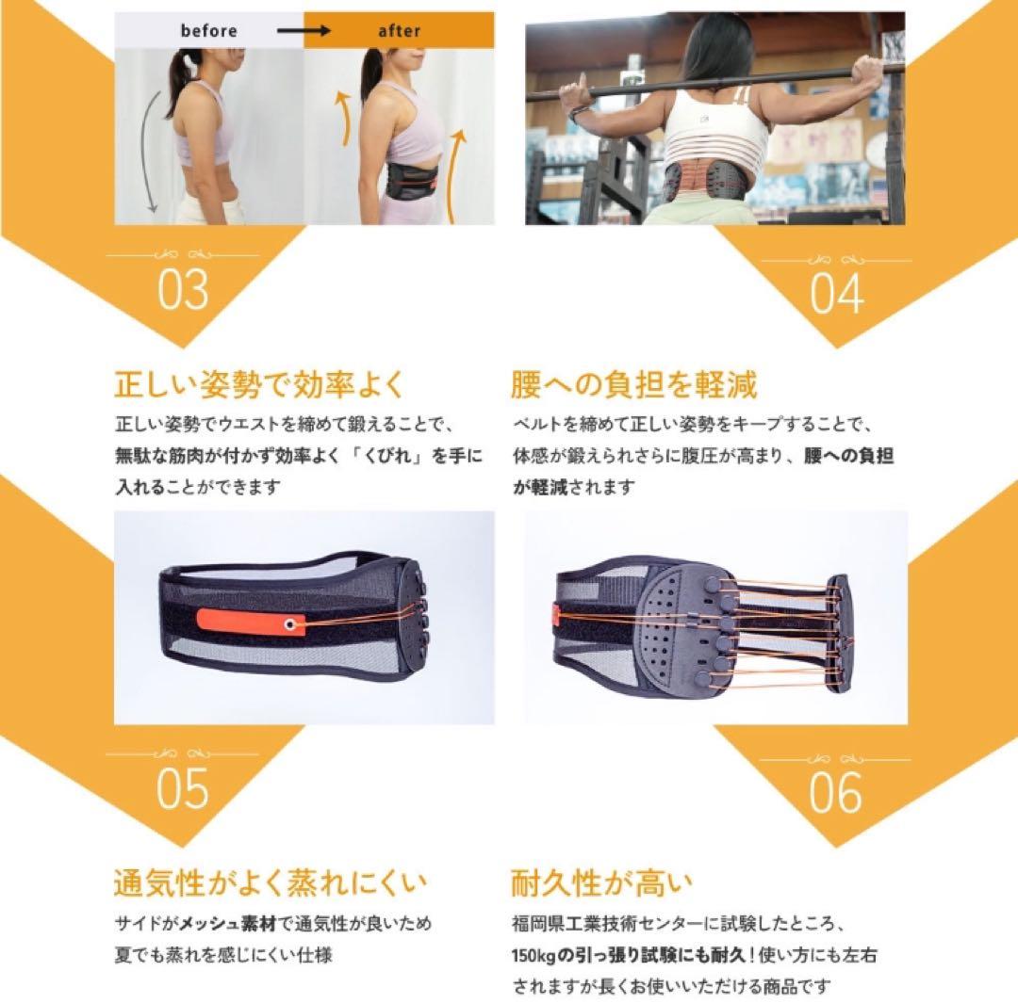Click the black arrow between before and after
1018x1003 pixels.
tap(304, 30)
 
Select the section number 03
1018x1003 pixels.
tap(183, 291)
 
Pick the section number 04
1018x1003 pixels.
tap(836, 294)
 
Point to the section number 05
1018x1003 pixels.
tap(182, 789)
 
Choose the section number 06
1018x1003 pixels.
tap(835, 792)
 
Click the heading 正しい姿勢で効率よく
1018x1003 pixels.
tap(258, 384)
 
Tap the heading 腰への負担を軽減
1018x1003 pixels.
tap(633, 384)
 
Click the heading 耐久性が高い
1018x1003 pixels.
tap(601, 883)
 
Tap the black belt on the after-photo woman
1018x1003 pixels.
tap(407, 182)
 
